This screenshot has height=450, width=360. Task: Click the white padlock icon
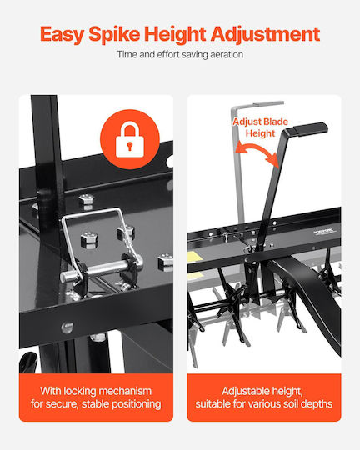[130, 139]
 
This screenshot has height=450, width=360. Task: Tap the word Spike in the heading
[114, 34]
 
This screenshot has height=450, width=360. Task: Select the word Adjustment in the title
[265, 34]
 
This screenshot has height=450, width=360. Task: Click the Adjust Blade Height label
[260, 127]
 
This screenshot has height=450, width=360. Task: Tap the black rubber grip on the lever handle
[307, 128]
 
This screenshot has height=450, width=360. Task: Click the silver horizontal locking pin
[101, 270]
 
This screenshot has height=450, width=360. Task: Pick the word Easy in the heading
[62, 35]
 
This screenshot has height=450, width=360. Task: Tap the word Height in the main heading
[175, 34]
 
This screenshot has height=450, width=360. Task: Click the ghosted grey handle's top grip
[268, 104]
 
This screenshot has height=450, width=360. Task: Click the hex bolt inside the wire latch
[89, 240]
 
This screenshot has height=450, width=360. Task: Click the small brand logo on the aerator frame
[323, 232]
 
